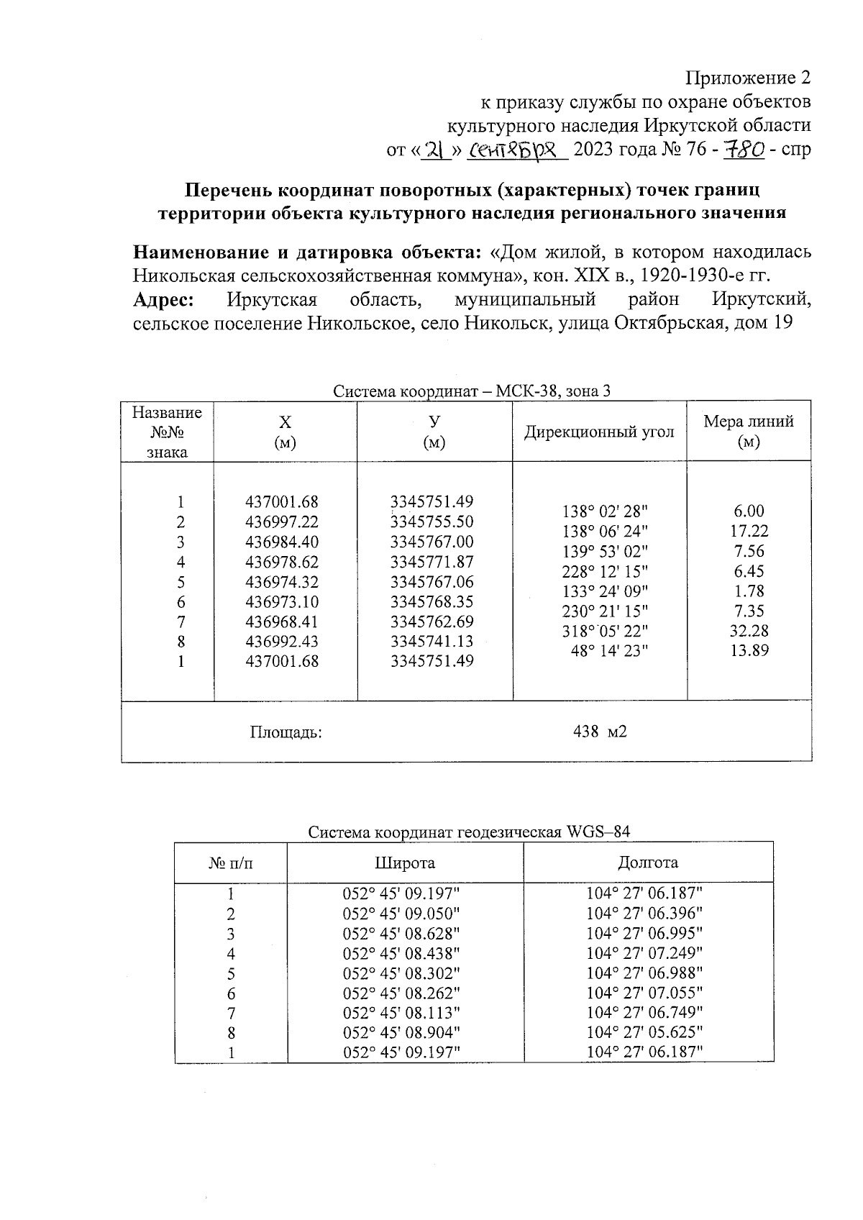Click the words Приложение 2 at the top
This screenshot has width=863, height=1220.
pos(748,78)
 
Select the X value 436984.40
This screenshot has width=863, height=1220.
pos(282,542)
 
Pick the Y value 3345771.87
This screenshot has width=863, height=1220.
pos(431,562)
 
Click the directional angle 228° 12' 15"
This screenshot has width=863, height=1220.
pos(605,571)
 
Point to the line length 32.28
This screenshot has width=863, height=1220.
pos(749,631)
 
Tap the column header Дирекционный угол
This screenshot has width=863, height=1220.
pos(599,432)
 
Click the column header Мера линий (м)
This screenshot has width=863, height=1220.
pos(749,431)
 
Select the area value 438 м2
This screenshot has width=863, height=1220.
pos(600,732)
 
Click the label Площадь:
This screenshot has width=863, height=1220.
pos(286,732)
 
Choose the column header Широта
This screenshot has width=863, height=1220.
pos(405,862)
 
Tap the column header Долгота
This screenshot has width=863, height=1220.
pos(648,862)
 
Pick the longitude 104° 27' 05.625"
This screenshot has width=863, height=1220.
pos(644,1032)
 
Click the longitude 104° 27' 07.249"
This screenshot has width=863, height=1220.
pos(644,953)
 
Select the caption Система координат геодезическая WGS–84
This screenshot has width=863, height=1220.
pos(469,832)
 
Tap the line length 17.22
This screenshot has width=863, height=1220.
pos(749,531)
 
